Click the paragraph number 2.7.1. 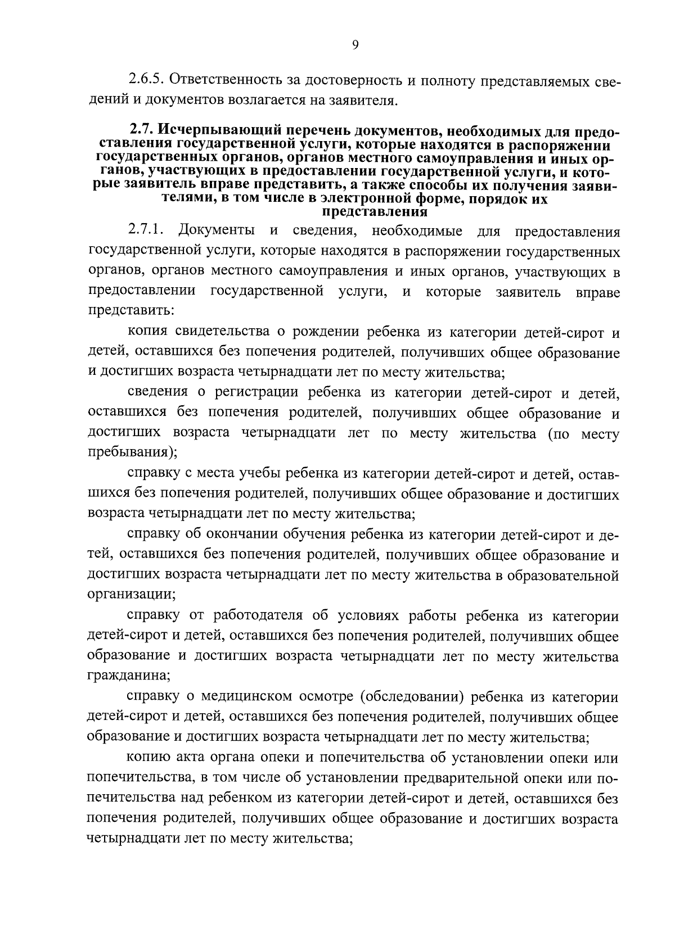(x=145, y=231)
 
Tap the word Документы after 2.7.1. (x=216, y=231)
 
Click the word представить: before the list (x=124, y=310)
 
